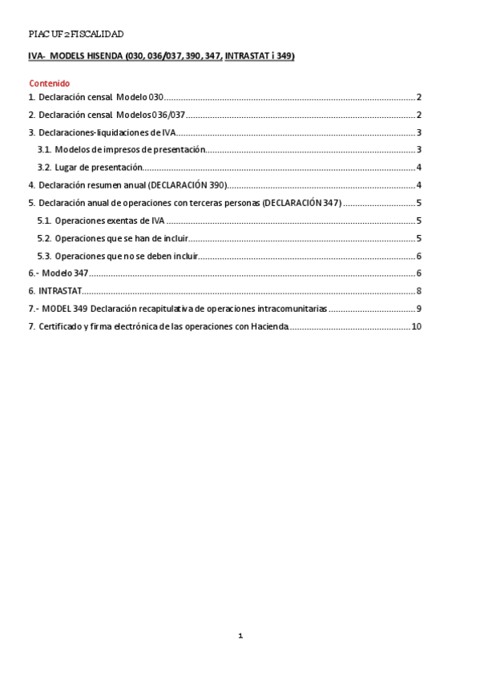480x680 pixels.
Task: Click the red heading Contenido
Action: pyautogui.click(x=50, y=83)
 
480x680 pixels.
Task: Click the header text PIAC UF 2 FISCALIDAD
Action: pyautogui.click(x=75, y=34)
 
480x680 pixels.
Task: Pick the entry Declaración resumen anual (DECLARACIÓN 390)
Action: pyautogui.click(x=133, y=185)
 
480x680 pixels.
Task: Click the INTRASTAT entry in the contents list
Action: pyautogui.click(x=59, y=291)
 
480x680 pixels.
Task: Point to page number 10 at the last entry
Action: pyautogui.click(x=416, y=326)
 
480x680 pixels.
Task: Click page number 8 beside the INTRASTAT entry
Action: pyautogui.click(x=419, y=291)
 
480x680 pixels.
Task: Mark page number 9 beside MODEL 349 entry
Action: pyautogui.click(x=419, y=309)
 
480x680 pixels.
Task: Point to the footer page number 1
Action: pyautogui.click(x=240, y=636)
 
